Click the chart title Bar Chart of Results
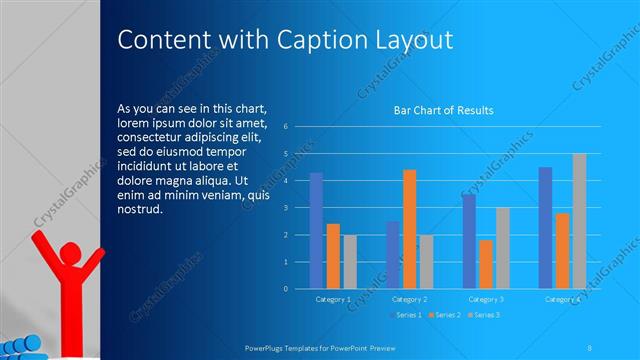tap(443, 110)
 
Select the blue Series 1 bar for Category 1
tap(316, 230)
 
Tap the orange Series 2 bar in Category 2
tap(409, 229)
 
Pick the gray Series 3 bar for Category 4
tap(579, 221)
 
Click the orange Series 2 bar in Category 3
tap(486, 264)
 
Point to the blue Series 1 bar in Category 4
tap(545, 228)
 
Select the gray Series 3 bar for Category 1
tap(349, 262)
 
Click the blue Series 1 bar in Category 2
tap(393, 255)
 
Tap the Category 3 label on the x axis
tap(486, 299)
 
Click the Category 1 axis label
tap(333, 299)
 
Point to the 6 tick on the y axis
tap(286, 127)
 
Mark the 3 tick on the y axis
tap(286, 208)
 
